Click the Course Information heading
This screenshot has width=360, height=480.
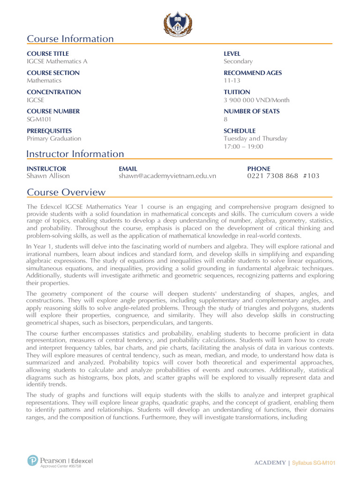70,39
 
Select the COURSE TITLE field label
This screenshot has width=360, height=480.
48,54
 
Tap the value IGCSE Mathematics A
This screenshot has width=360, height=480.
57,61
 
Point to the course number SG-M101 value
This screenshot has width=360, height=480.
39,119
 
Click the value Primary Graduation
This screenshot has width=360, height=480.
54,138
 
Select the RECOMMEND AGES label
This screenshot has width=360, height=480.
253,73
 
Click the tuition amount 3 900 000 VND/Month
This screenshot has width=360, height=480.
256,100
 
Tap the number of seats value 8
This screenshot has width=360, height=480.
226,119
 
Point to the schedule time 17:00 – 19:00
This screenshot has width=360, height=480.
243,146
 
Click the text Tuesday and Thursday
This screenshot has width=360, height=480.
255,138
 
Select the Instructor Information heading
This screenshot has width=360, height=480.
75,154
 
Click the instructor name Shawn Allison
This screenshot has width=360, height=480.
48,176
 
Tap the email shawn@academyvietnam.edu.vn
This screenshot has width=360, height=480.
167,176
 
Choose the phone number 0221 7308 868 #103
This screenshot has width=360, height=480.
283,176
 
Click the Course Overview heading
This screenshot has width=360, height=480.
66,193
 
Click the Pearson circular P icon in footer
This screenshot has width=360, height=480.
32,461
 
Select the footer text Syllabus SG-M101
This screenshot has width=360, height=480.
314,463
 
